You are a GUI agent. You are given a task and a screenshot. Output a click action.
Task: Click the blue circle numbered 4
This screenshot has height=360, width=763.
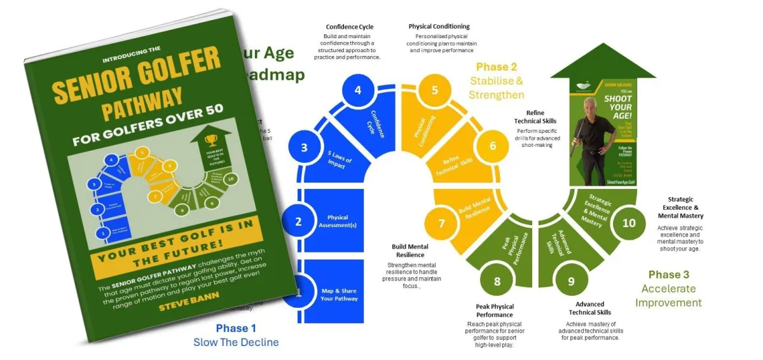point(358,90)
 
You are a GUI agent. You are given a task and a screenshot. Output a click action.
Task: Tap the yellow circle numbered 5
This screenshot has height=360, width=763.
point(435,90)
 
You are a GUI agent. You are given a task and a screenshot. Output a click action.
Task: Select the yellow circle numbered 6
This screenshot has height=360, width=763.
point(492,146)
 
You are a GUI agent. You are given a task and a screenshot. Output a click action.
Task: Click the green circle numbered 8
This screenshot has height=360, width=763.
point(497,280)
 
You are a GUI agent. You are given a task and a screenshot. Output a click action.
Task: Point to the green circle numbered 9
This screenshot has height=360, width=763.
point(571,280)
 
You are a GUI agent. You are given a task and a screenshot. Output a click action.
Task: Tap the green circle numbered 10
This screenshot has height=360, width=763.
point(629,223)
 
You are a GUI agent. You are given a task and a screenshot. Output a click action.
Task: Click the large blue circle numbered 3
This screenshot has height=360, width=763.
point(304,148)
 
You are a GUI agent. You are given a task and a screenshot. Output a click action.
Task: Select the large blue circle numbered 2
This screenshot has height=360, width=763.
point(298,221)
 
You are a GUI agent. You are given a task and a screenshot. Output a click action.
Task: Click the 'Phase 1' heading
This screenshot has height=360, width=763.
point(236,328)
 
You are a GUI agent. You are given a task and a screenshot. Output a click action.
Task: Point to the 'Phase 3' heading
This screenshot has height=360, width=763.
point(668,274)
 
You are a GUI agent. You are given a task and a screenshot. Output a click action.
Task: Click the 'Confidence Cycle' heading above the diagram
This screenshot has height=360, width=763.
point(349,27)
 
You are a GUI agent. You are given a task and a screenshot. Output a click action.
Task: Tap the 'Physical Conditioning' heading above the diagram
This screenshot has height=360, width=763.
point(439,27)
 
